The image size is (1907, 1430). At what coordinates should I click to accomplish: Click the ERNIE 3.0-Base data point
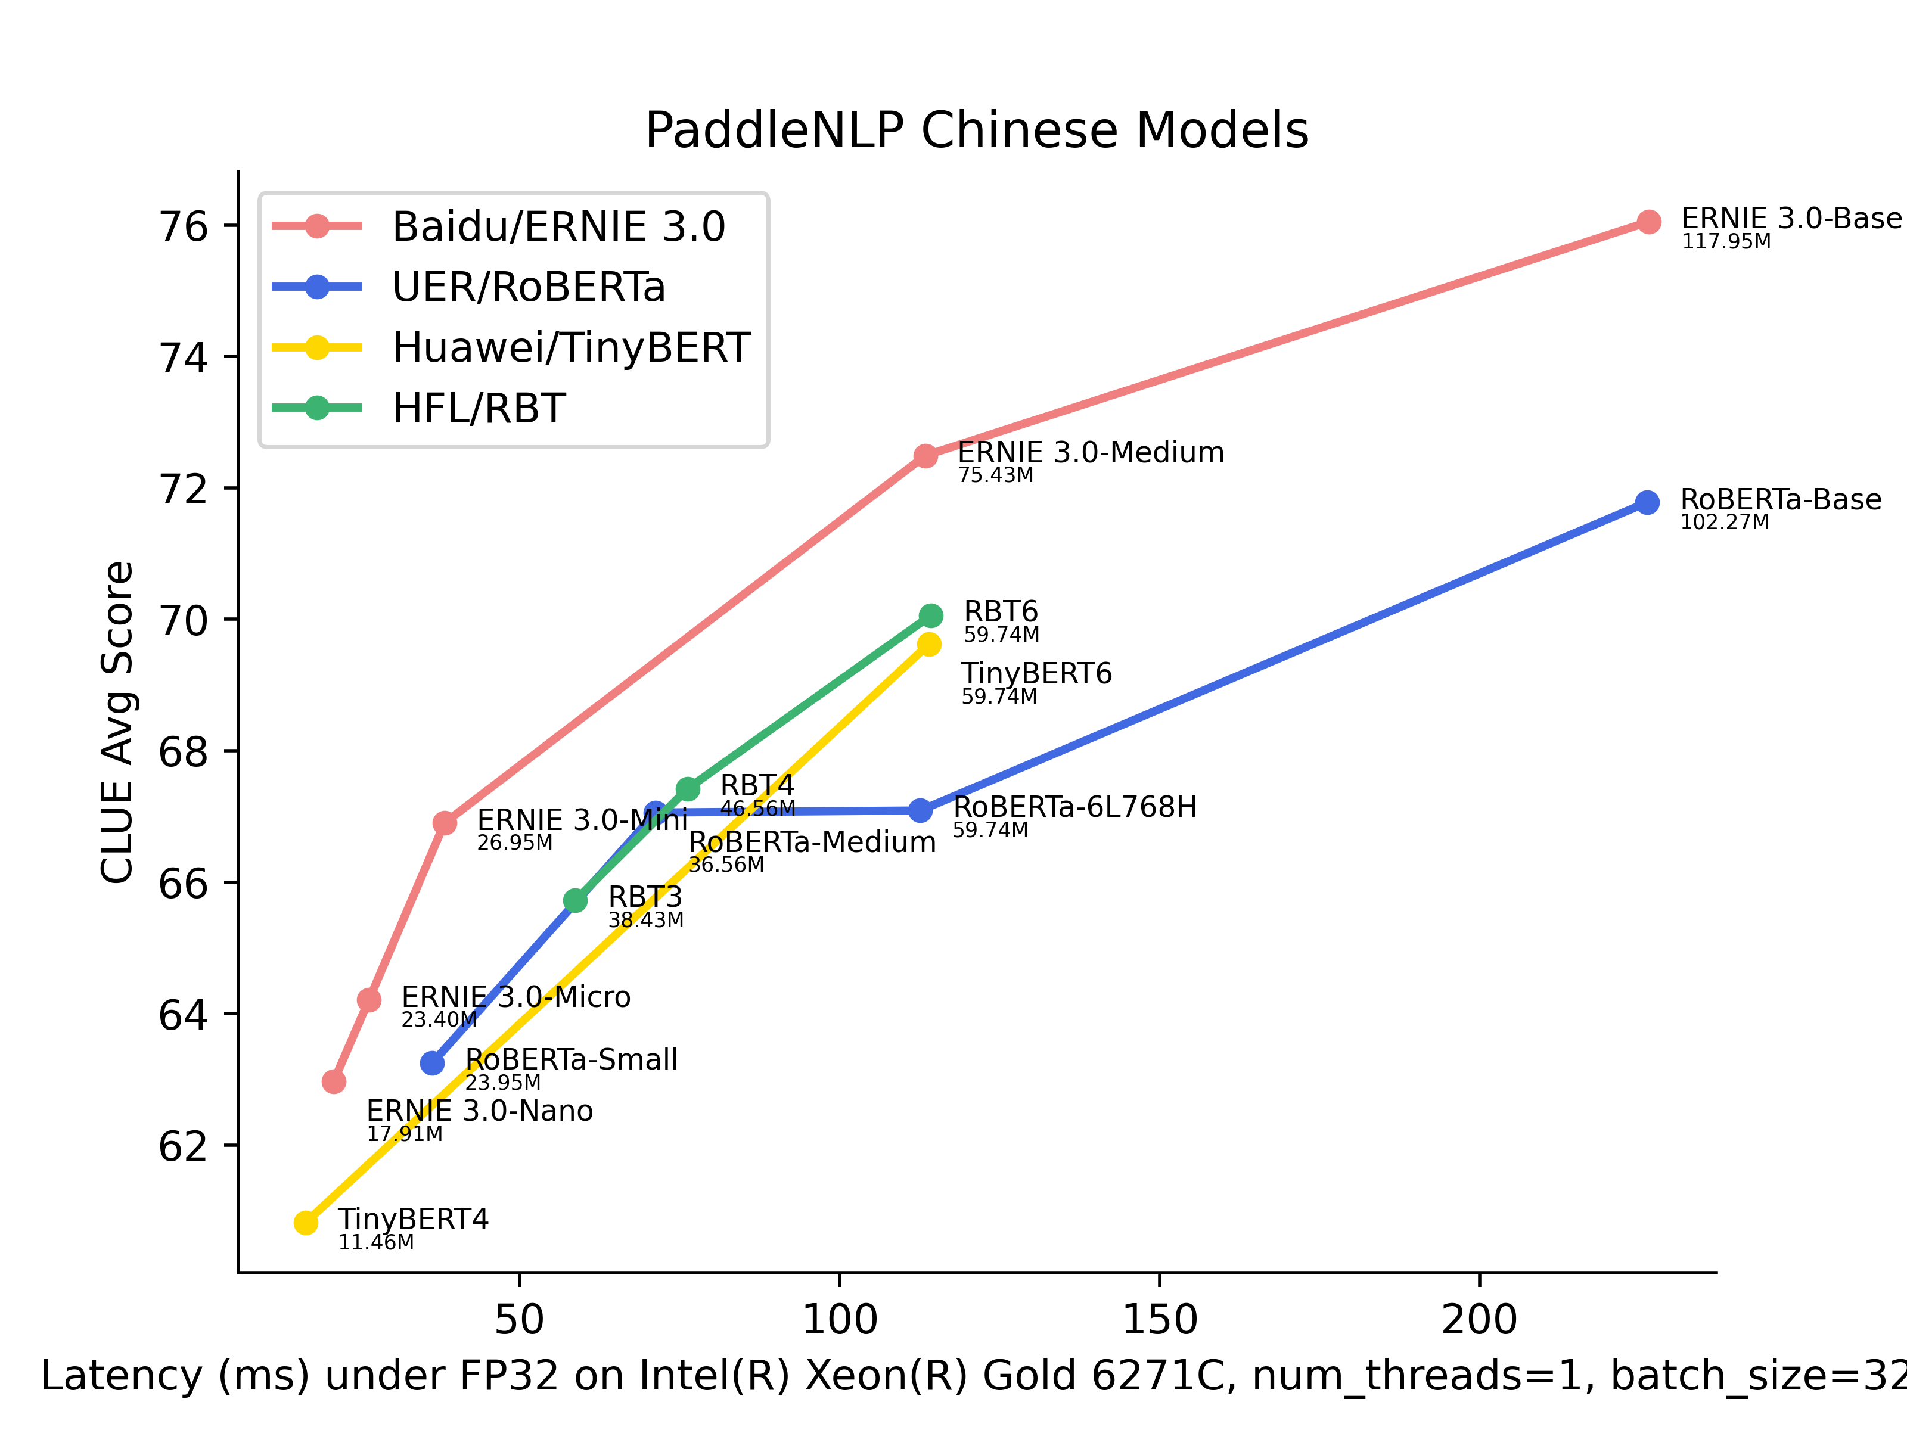[x=1648, y=222]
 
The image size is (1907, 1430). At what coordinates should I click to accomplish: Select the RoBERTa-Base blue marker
[x=1647, y=502]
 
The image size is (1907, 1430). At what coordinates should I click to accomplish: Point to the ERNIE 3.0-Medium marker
[x=925, y=456]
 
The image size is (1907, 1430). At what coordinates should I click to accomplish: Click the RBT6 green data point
[x=930, y=615]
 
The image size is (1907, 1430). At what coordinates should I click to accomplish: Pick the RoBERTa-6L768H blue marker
[x=921, y=810]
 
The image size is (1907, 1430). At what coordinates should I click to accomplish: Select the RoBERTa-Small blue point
[x=432, y=1063]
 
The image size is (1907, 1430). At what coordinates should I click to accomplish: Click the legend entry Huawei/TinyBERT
[x=571, y=348]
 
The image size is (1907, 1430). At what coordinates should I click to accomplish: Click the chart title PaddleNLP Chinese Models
[x=977, y=131]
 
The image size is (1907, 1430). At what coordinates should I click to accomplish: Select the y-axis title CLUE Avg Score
[x=118, y=722]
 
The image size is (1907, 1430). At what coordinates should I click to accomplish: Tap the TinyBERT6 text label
[x=1036, y=673]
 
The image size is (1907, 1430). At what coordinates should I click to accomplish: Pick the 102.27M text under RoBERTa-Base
[x=1724, y=523]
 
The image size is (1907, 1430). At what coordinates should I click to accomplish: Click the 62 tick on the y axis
[x=184, y=1146]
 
